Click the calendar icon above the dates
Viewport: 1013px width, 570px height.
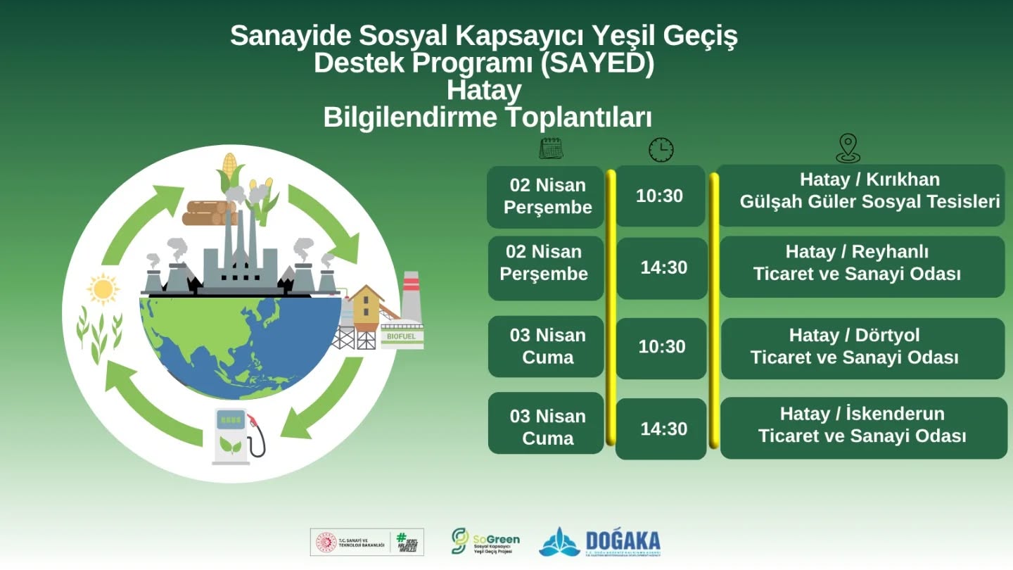pos(551,148)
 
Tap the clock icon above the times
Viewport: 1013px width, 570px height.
pos(661,149)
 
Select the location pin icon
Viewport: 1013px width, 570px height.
pos(848,148)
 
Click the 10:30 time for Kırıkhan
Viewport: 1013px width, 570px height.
pos(660,196)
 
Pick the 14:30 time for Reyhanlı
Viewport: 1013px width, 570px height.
pos(663,267)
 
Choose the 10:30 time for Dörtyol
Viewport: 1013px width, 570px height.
pos(662,347)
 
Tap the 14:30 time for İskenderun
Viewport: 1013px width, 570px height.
pos(663,429)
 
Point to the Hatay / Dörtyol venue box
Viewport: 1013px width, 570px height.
pos(863,347)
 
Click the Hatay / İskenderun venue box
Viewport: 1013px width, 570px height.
pos(863,426)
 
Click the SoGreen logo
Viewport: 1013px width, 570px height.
pos(485,541)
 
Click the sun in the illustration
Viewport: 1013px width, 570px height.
pos(103,289)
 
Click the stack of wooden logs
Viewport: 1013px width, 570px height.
pos(208,213)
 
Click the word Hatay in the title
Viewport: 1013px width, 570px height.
pos(484,91)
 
